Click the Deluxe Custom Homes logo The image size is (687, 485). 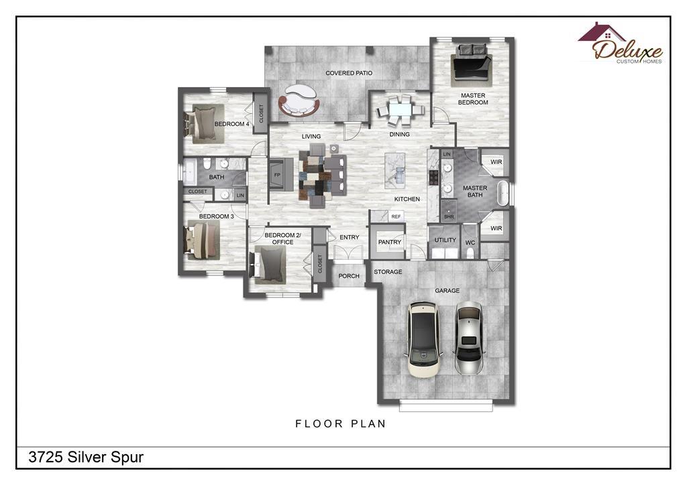[x=620, y=44]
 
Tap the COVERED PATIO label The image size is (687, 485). [x=349, y=73]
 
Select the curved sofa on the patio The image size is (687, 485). [x=299, y=100]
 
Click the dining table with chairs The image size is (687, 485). [x=400, y=110]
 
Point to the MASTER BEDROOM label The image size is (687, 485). [x=473, y=99]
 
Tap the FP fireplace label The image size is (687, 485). [x=277, y=176]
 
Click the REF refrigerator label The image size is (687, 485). [x=396, y=216]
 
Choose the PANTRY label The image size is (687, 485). [x=390, y=242]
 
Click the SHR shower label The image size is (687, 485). [x=449, y=216]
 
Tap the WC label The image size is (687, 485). [x=470, y=242]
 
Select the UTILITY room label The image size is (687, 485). [x=445, y=240]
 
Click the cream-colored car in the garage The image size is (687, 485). [x=423, y=339]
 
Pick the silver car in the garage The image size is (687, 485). [x=469, y=338]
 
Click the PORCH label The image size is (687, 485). [x=349, y=276]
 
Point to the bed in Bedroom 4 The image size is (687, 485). [x=203, y=123]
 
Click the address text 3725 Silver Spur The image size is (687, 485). [x=86, y=457]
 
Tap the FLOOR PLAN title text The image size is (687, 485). [x=340, y=423]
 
